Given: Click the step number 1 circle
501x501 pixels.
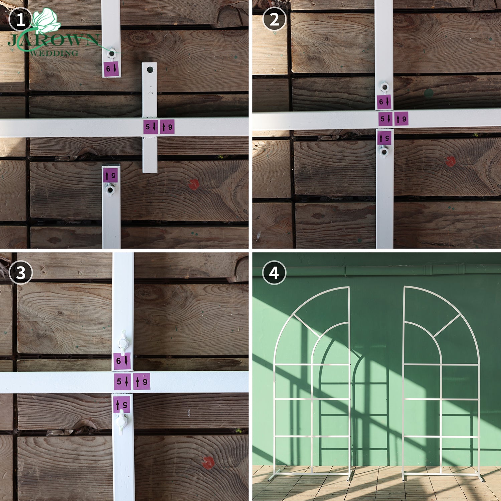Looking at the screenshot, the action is click(x=20, y=19).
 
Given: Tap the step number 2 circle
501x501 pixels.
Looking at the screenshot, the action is click(x=274, y=19).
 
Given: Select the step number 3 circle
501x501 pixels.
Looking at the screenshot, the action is click(x=21, y=273).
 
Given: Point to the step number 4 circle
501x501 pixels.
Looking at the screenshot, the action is click(x=274, y=273).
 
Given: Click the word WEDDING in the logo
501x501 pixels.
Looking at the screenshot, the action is click(x=53, y=53).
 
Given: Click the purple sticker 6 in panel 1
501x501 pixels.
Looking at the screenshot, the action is click(x=111, y=69).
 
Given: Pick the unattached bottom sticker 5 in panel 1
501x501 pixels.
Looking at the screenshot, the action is click(x=110, y=175).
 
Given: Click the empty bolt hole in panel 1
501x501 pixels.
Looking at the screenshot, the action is click(x=150, y=70).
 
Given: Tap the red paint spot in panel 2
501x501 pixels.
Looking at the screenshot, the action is click(x=450, y=161).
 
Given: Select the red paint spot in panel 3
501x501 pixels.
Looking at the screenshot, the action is click(x=208, y=463).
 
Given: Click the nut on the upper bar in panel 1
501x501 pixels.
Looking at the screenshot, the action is click(x=111, y=53).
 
